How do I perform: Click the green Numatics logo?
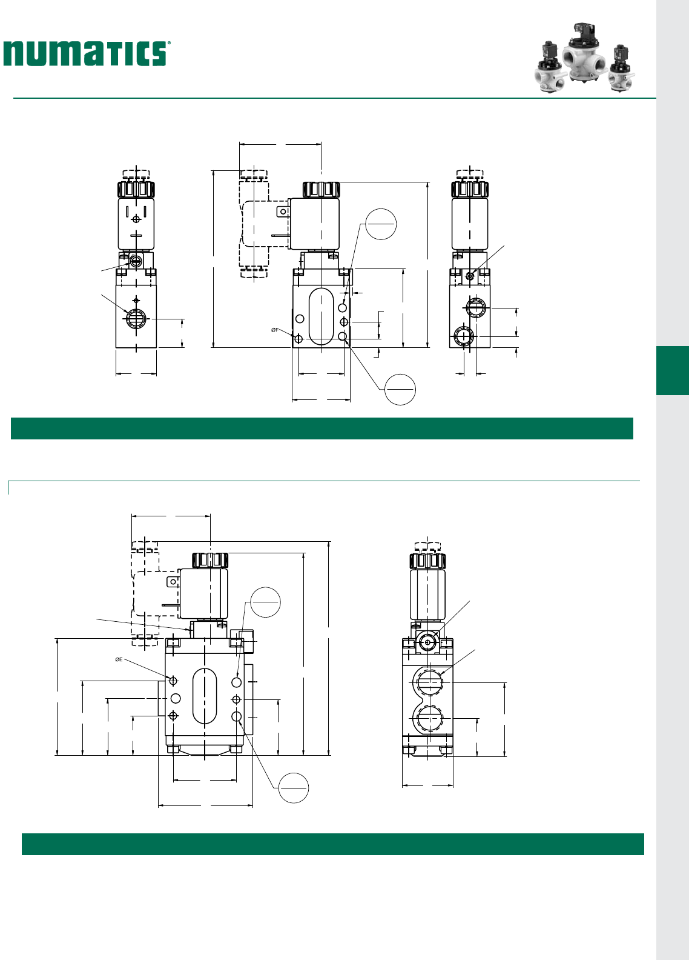[84, 53]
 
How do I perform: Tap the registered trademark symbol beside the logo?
[169, 43]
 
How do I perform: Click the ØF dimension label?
[275, 330]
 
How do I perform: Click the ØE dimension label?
[119, 659]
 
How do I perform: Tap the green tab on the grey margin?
[672, 370]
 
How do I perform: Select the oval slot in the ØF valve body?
[321, 316]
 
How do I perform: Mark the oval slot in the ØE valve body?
[205, 696]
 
